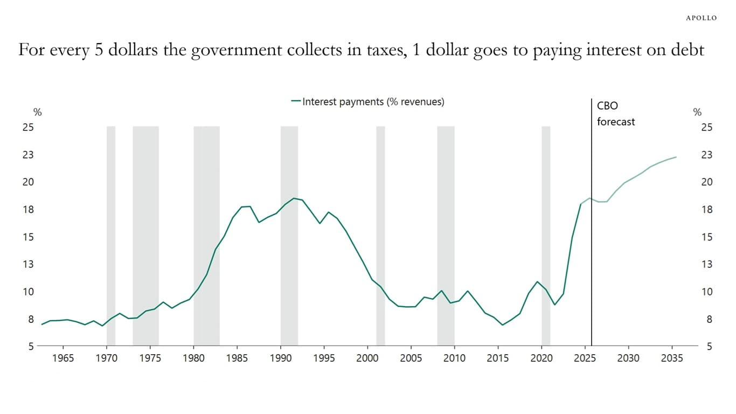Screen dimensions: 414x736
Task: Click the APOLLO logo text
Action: (701, 18)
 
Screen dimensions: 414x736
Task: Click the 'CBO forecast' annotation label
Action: (615, 113)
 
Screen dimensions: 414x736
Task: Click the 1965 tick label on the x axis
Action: (63, 358)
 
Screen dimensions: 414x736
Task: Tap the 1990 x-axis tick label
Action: (280, 358)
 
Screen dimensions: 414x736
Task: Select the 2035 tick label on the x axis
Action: (671, 358)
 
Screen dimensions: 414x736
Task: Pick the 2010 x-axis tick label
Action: (454, 358)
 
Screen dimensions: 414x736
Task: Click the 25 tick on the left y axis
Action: (27, 127)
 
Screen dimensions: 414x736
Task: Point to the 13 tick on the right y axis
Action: (706, 264)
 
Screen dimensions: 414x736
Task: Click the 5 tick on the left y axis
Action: (31, 346)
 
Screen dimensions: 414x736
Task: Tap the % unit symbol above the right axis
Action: (697, 113)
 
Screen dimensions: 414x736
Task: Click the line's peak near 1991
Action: (294, 198)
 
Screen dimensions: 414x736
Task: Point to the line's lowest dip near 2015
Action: (502, 325)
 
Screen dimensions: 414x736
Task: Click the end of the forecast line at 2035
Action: (676, 157)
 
